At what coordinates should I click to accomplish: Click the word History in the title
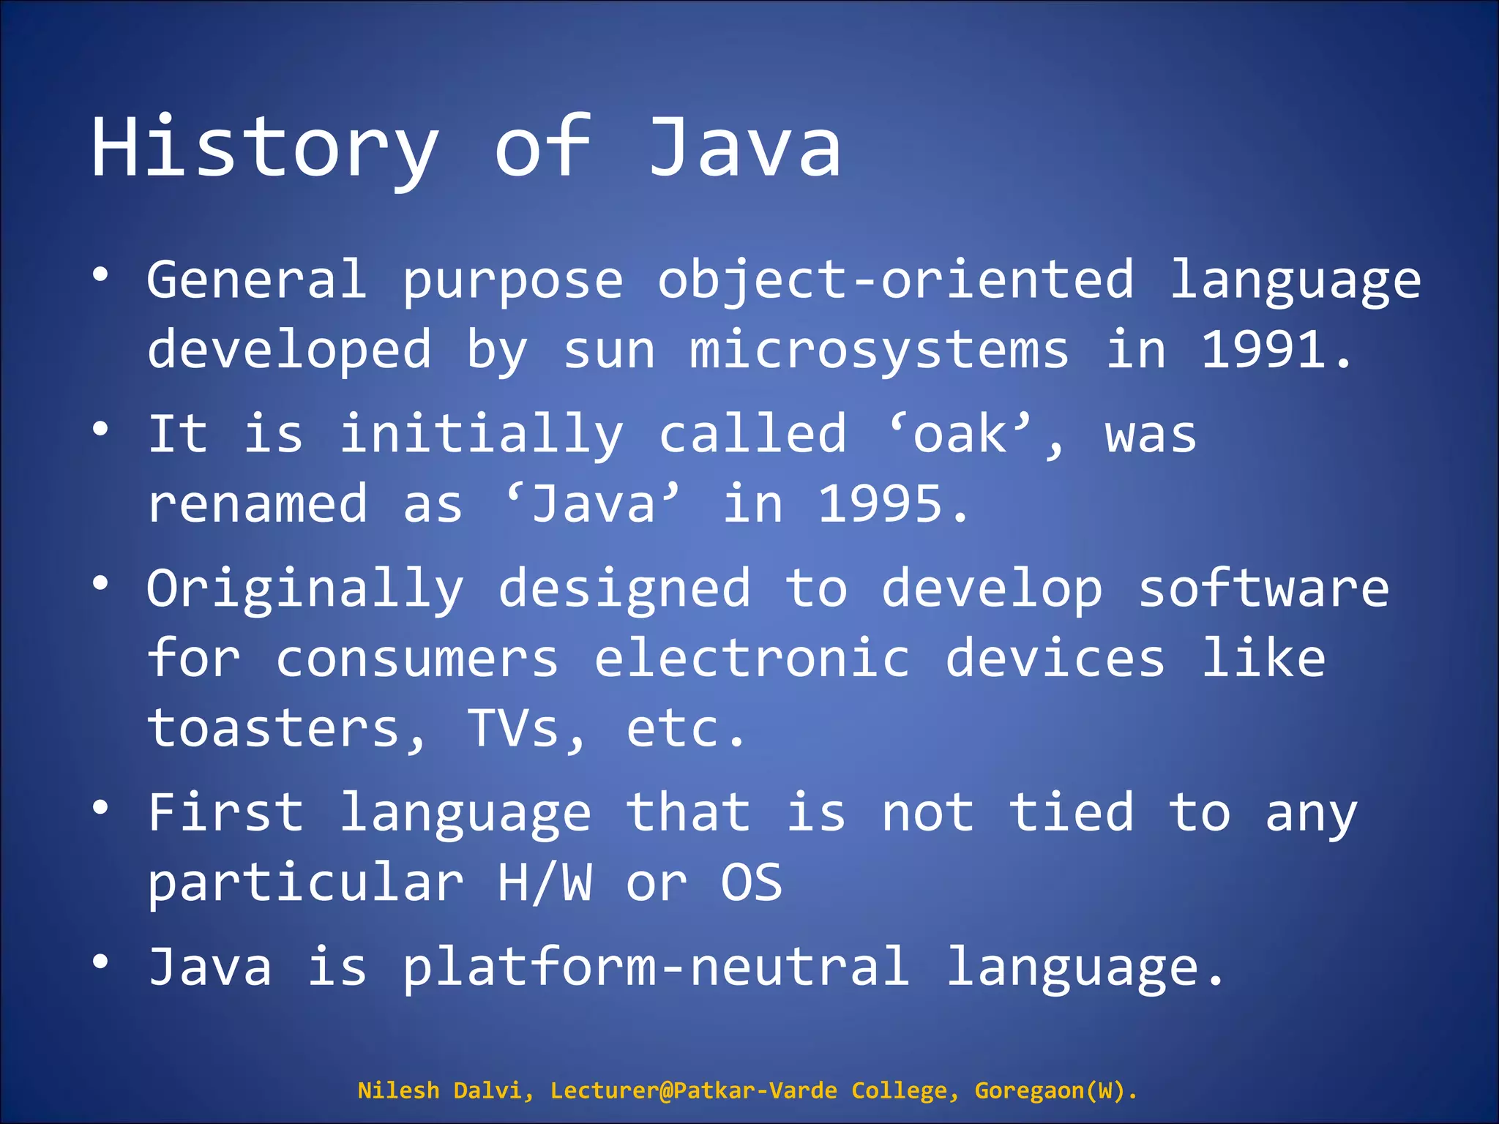(265, 149)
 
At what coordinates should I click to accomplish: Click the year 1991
(1264, 351)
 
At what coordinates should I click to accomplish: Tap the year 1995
(880, 505)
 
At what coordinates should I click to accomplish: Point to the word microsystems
(879, 351)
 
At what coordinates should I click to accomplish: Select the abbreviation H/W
(545, 883)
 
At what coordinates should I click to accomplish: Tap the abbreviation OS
(752, 883)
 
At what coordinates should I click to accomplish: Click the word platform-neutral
(657, 967)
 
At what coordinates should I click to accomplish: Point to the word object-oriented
(896, 281)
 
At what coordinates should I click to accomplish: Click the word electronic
(752, 659)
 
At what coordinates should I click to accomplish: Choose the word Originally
(305, 590)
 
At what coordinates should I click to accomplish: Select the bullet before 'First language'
(101, 807)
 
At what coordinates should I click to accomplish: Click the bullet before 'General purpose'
(101, 274)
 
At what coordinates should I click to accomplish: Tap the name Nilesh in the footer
(398, 1090)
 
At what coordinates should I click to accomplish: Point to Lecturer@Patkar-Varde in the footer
(693, 1090)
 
